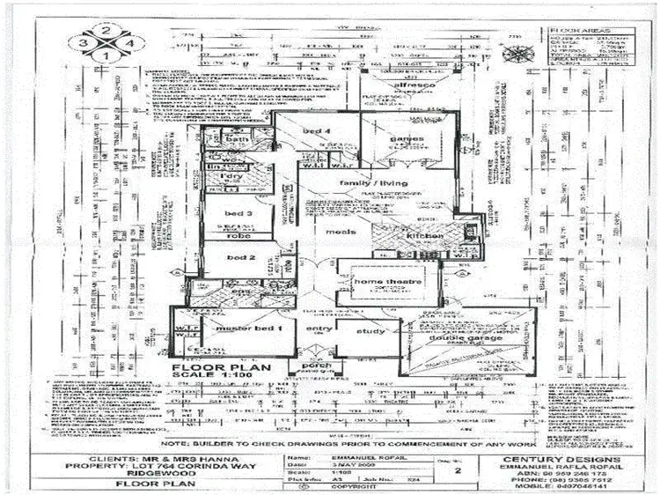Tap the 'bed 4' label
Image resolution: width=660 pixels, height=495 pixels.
[316, 130]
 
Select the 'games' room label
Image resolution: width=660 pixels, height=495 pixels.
[407, 138]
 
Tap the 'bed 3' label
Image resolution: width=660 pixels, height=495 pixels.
[238, 213]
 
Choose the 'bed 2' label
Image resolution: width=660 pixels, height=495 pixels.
[240, 257]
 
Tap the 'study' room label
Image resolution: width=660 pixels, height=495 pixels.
[372, 331]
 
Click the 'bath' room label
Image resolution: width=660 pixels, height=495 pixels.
[238, 139]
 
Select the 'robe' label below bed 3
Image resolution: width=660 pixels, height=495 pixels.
[239, 236]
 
